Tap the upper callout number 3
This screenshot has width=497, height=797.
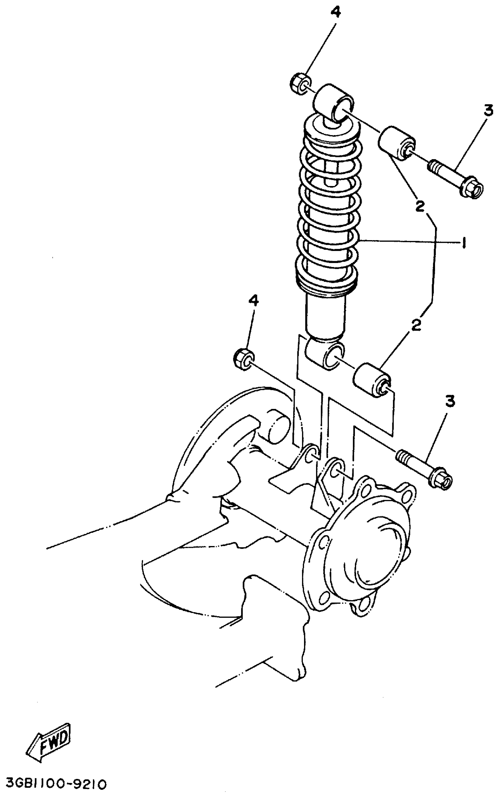(x=488, y=111)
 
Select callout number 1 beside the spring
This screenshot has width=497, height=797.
(x=464, y=243)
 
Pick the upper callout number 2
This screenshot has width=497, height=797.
(x=420, y=206)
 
